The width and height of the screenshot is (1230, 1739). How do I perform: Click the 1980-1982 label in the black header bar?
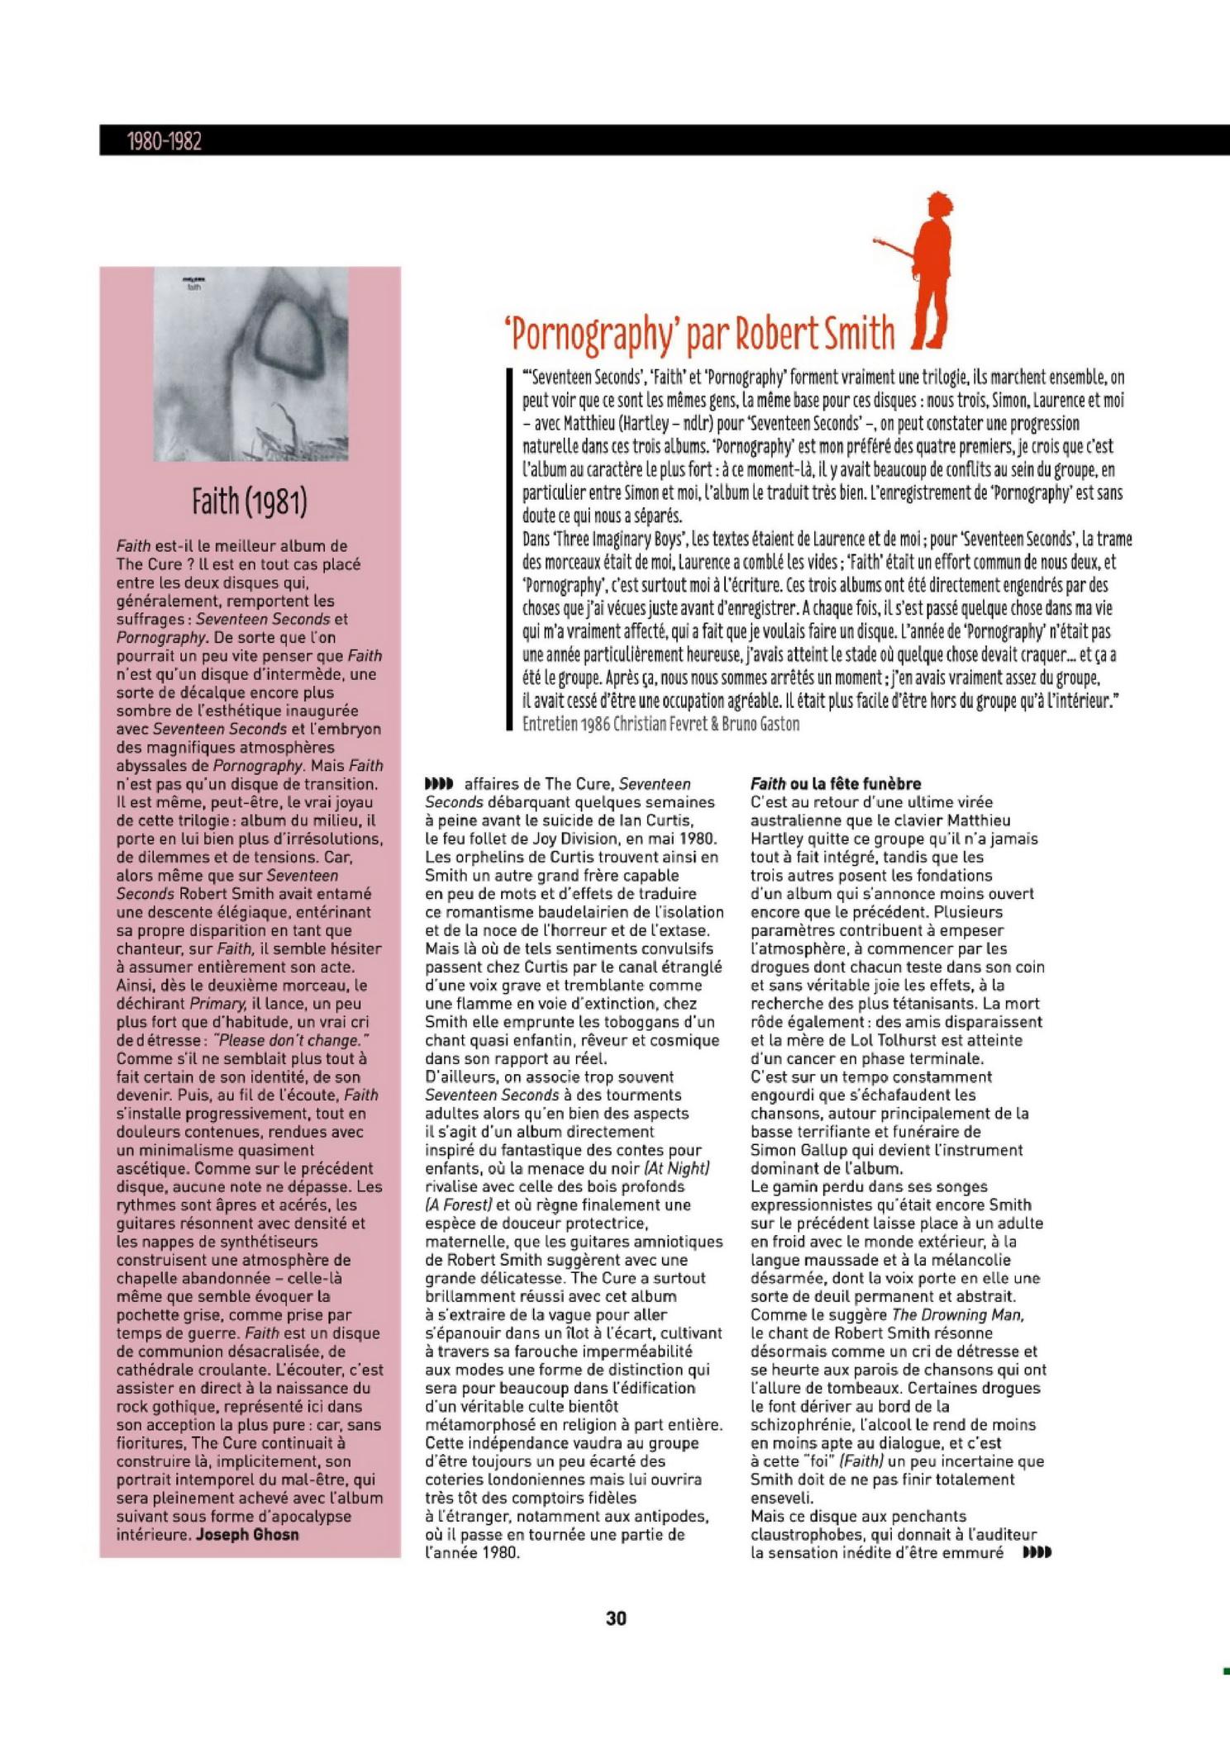coord(164,141)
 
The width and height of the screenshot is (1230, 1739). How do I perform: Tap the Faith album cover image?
coord(251,364)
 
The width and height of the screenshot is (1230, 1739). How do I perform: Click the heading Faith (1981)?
coord(250,501)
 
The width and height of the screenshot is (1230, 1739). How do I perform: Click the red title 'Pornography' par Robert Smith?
coord(699,333)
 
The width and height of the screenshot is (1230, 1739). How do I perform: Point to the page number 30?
coord(616,1618)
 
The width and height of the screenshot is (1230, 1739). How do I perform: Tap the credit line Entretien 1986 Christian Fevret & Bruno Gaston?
coord(660,724)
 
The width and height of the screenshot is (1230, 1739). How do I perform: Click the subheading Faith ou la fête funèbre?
coord(835,783)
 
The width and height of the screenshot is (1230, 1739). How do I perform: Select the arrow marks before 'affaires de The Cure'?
coord(438,783)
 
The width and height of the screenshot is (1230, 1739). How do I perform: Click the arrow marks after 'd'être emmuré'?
coord(1037,1552)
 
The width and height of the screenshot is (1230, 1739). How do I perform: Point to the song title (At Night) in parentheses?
coord(676,1167)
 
